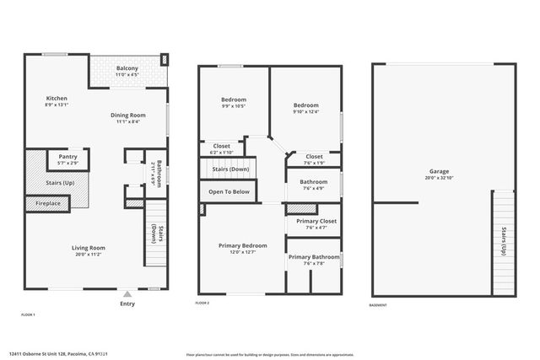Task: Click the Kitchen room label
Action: click(x=57, y=99)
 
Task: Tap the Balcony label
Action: click(x=127, y=68)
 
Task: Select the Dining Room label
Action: click(x=127, y=115)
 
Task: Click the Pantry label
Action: click(x=68, y=156)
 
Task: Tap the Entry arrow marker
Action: click(x=127, y=294)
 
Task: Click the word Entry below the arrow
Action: click(x=127, y=304)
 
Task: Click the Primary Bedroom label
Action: click(x=243, y=245)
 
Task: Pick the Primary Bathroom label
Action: click(x=313, y=256)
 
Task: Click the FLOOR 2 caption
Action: click(x=202, y=303)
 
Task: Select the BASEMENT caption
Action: click(x=380, y=305)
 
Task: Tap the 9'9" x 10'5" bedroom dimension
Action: click(x=233, y=106)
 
